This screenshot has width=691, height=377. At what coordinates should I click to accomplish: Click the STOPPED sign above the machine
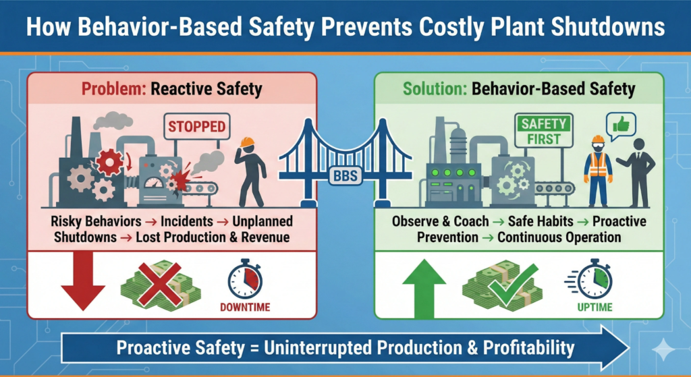coord(196,125)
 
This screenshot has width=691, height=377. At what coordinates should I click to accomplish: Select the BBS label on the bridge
coord(345,176)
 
